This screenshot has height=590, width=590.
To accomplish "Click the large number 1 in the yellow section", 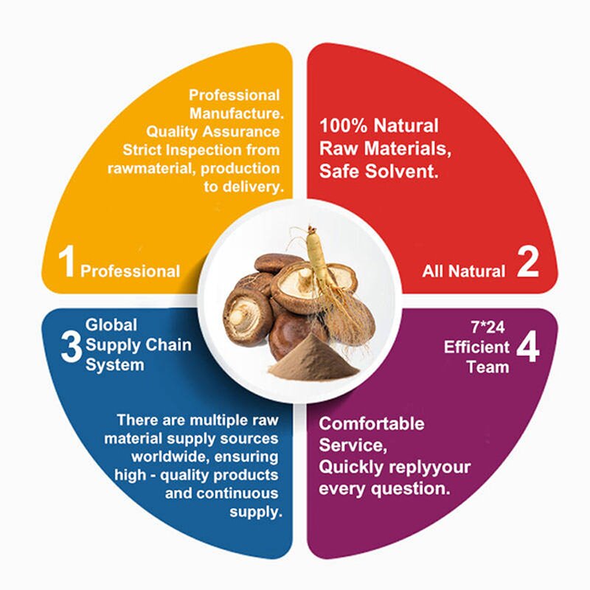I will [x=67, y=263].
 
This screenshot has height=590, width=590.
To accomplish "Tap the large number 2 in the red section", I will [x=528, y=263].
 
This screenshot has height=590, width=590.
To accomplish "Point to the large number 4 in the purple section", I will [x=527, y=348].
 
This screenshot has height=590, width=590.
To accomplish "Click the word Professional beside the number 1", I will [x=130, y=271].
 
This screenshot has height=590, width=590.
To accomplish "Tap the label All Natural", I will [x=464, y=271].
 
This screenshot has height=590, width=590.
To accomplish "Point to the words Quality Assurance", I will [x=213, y=131].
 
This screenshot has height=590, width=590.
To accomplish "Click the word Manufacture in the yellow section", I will [x=234, y=114].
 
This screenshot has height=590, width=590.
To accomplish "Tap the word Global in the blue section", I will [x=111, y=324].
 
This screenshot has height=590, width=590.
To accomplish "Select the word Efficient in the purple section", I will [x=476, y=347].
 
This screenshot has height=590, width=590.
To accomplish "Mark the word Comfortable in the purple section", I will [x=371, y=424].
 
